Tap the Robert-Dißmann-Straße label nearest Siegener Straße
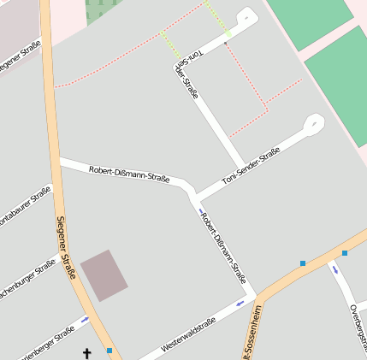coord(128,174)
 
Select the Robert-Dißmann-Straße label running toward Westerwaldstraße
coord(223,245)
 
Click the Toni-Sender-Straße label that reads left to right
coord(252,166)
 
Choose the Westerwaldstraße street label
coord(188,333)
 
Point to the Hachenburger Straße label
coord(27,280)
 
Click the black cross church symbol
coord(86,352)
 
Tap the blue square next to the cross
coord(110,350)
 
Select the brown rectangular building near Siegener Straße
coord(104,275)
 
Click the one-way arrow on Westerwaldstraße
coord(240,302)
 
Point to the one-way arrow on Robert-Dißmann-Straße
coord(202,210)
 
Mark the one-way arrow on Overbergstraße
coord(335,269)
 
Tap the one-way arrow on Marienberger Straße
coord(84,320)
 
